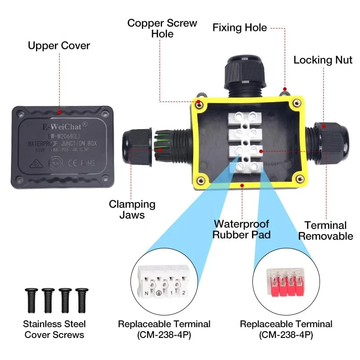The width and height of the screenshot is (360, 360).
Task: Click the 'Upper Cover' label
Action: point(58,45)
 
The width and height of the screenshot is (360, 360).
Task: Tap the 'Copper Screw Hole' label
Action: point(162,28)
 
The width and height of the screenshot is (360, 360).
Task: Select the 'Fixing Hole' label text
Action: point(239,28)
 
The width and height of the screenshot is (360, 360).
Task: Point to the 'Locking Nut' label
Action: point(323,60)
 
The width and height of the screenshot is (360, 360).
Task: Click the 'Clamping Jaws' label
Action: point(132,209)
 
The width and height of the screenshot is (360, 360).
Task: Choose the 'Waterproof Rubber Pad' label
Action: point(241,229)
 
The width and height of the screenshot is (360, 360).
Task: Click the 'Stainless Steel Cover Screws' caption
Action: point(54,329)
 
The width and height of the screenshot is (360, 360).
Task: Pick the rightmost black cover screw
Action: point(82,299)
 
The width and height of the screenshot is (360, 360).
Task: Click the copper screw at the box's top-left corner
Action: point(199,104)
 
